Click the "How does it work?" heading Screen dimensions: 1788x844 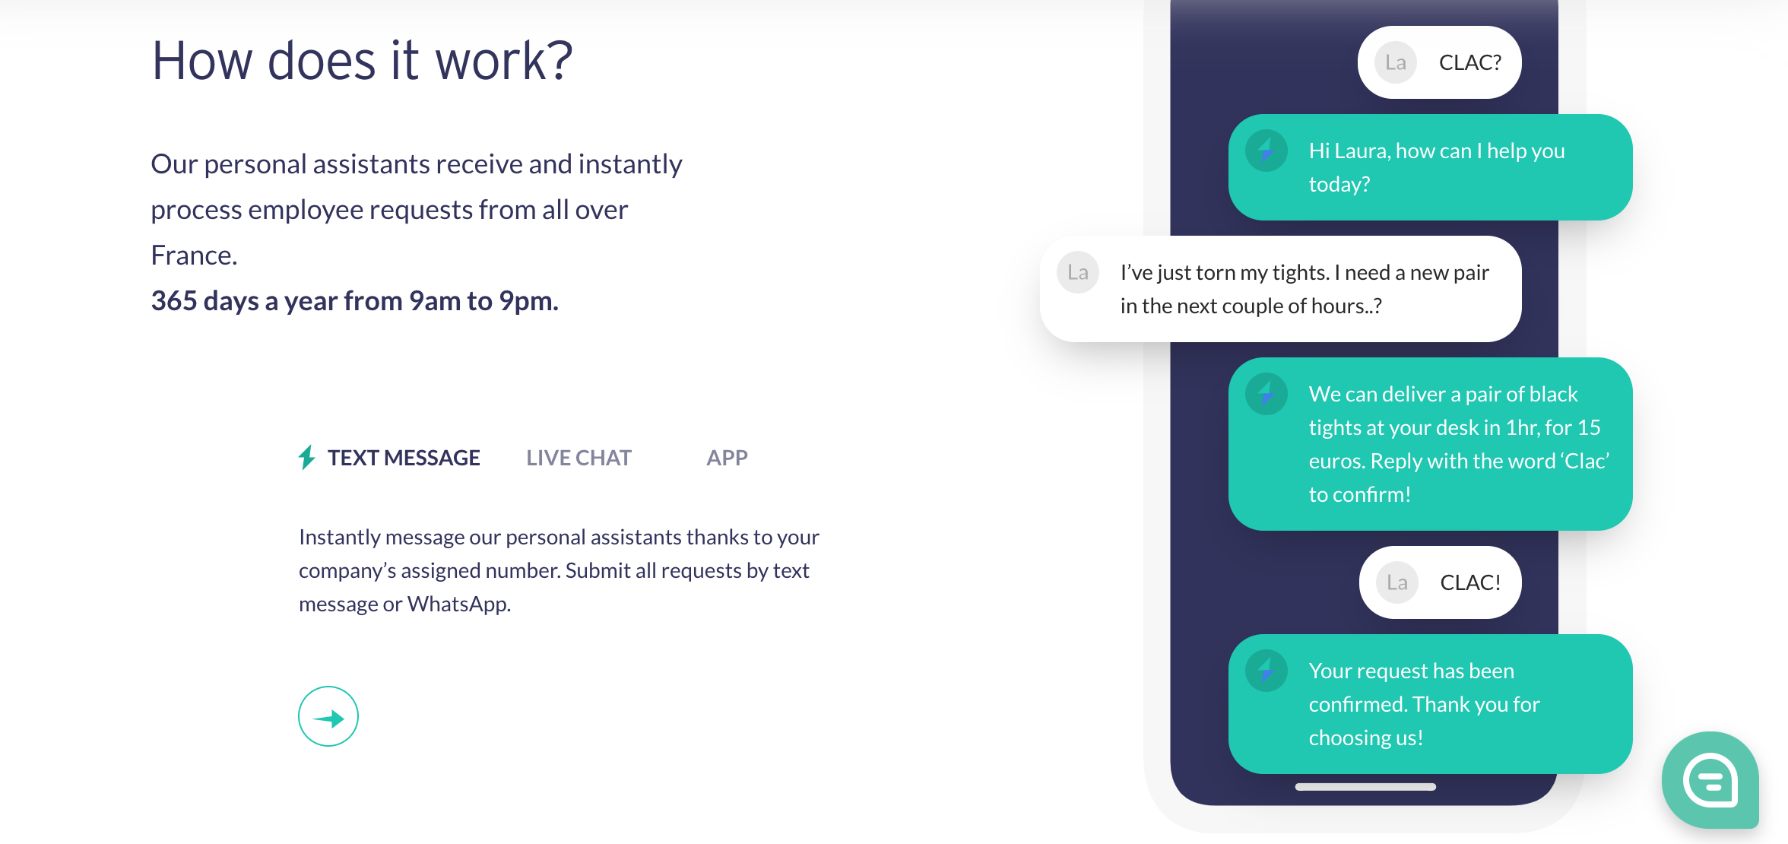tap(362, 61)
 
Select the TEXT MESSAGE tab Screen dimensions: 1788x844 tap(404, 458)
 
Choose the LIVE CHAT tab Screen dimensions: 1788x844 tap(579, 458)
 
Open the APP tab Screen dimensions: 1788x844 tap(727, 458)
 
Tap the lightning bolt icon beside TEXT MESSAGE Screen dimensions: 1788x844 tap(306, 457)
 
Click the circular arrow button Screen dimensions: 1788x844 tap(328, 716)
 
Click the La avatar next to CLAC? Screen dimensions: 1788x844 tap(1396, 62)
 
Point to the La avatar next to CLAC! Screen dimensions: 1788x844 tap(1397, 582)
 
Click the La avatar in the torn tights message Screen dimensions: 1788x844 tap(1078, 272)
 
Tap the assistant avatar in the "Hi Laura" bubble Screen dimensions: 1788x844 tap(1266, 151)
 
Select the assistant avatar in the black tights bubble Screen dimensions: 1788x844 tap(1266, 394)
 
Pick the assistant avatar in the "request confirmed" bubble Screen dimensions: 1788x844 tap(1266, 671)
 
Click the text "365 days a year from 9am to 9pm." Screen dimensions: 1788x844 tap(354, 301)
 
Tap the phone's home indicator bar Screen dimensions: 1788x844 tap(1365, 787)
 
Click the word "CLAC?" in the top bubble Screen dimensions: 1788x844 tap(1470, 62)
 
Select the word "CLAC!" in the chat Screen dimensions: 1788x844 tap(1470, 582)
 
